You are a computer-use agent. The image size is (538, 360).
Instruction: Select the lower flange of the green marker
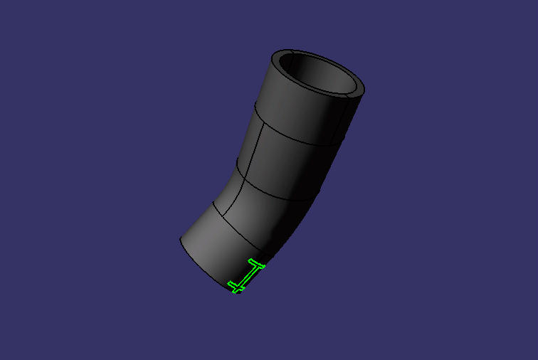pos(236,287)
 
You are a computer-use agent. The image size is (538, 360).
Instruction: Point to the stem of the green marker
pos(246,275)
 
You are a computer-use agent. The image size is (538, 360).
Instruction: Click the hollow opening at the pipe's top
pos(316,71)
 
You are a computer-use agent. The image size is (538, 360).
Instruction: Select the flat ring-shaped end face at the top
pos(356,91)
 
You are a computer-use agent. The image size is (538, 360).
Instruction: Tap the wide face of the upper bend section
pos(292,160)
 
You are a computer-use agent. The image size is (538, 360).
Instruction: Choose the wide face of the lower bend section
pos(263,213)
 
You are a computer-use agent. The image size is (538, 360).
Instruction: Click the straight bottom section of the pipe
pos(213,249)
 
